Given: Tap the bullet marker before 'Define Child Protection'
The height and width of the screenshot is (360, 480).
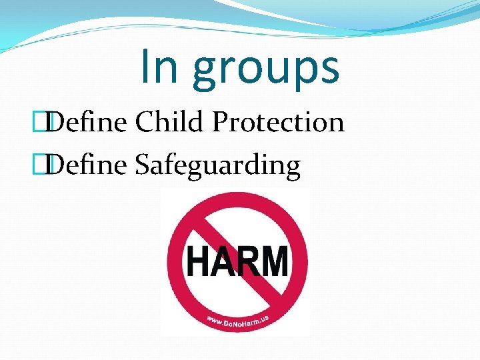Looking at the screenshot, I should [x=45, y=123].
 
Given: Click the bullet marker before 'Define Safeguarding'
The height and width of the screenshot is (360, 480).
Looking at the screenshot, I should [x=45, y=165].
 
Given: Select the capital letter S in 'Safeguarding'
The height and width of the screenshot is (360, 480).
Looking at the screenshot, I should [x=143, y=165].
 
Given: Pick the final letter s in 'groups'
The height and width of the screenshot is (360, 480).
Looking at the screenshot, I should [x=327, y=70].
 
